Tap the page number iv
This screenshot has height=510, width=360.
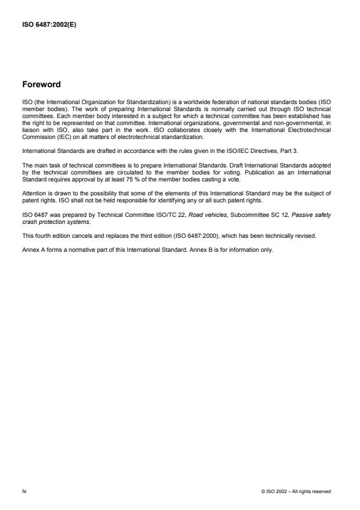[24, 491]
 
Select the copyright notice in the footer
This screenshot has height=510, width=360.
[297, 491]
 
